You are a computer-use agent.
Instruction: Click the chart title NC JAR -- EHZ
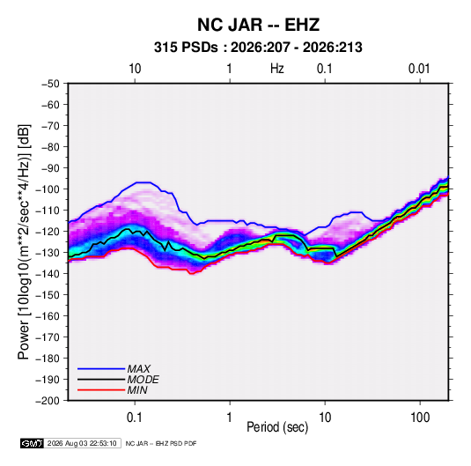tap(258, 25)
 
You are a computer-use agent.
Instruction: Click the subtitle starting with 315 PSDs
tap(258, 48)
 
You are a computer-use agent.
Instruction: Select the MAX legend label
tap(138, 368)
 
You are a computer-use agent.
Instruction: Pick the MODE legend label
tap(143, 380)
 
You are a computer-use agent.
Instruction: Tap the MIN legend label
tap(137, 390)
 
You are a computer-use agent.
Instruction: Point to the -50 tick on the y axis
tap(50, 84)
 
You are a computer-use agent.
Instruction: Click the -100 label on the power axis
tap(48, 189)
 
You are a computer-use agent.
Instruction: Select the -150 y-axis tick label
tap(48, 295)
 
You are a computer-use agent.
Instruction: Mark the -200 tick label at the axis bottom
tap(48, 401)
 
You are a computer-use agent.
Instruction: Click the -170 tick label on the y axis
tap(48, 337)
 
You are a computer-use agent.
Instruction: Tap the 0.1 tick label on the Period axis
tap(135, 418)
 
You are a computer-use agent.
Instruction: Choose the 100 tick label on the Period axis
tap(420, 418)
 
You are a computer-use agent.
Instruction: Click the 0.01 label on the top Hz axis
tap(419, 69)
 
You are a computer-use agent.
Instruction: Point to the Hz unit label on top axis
tap(277, 69)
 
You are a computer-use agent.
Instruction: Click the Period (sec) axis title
tap(277, 427)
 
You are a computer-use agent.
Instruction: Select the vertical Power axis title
tap(24, 241)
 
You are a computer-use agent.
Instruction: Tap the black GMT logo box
tap(33, 443)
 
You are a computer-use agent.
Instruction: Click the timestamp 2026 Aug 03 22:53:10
tap(82, 443)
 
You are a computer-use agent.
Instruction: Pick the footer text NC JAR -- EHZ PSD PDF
tap(161, 443)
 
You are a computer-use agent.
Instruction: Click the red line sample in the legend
tap(101, 390)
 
